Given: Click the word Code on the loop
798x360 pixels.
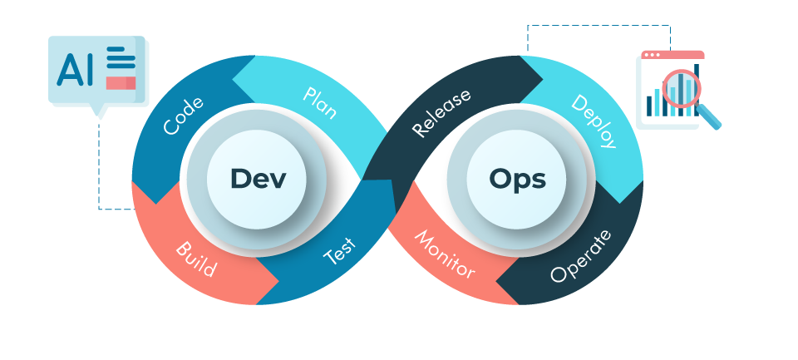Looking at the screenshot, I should (184, 116).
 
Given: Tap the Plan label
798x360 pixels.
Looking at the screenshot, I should (320, 102).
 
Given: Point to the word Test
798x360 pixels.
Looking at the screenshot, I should (341, 250).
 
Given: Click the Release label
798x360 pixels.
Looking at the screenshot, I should (441, 112).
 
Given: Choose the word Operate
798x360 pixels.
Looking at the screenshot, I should (581, 255).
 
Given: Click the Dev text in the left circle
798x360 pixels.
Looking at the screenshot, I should (258, 179).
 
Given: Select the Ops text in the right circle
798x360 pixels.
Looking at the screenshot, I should (518, 179).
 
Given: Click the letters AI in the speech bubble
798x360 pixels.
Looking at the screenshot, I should (75, 68).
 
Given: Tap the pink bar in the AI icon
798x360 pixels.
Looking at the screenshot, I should (121, 82).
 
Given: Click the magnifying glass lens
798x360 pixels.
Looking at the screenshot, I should (682, 87).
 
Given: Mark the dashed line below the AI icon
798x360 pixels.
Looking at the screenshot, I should (99, 166).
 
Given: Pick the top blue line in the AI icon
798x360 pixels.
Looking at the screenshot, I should (119, 51).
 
